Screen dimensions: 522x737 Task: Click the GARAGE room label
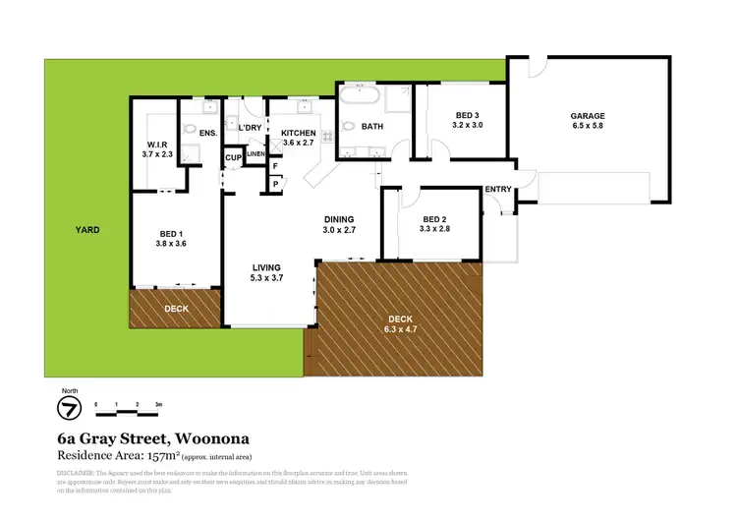point(588,115)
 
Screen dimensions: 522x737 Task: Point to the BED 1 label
point(172,233)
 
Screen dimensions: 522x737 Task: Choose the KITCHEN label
point(298,133)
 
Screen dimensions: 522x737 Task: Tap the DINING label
point(339,218)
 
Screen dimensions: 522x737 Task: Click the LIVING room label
point(266,266)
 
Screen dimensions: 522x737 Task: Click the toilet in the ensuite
point(189,130)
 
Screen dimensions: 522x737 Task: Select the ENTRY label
point(497,190)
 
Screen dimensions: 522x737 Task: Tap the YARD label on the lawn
point(88,230)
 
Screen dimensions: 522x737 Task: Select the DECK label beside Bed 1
point(176,308)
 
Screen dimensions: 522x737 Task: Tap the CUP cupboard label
point(233,158)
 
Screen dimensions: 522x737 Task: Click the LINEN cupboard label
point(256,154)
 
